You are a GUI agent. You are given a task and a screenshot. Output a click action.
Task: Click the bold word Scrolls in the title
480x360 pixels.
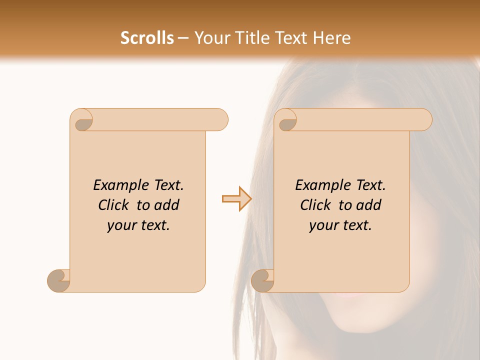(147, 38)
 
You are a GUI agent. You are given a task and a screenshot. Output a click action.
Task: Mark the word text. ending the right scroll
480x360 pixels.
(354, 226)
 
